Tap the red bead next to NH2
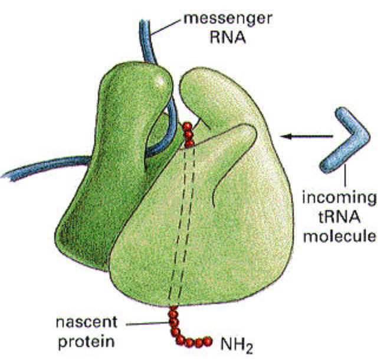208,341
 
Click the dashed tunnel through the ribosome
181,224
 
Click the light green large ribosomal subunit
236,224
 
